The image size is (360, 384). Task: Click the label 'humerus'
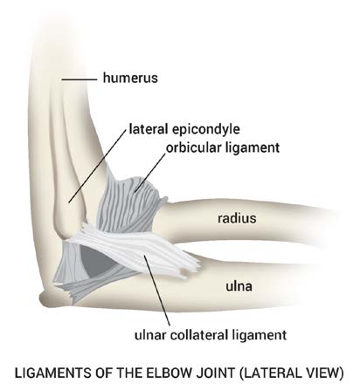pyautogui.click(x=130, y=78)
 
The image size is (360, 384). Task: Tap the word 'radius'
pyautogui.click(x=237, y=218)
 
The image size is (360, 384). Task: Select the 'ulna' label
pyautogui.click(x=239, y=286)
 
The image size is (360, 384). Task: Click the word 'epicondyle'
pyautogui.click(x=205, y=129)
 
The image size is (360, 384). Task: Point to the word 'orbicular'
pyautogui.click(x=194, y=147)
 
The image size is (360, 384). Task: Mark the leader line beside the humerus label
pyautogui.click(x=79, y=79)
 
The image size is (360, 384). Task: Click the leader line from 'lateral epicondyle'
pyautogui.click(x=98, y=165)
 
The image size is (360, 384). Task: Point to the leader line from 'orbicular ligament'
pyautogui.click(x=150, y=173)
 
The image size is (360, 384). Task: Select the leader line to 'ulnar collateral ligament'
pyautogui.click(x=157, y=291)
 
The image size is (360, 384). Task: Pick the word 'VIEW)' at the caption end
pyautogui.click(x=324, y=374)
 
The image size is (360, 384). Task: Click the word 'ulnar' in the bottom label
pyautogui.click(x=150, y=335)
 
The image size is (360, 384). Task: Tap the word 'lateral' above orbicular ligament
pyautogui.click(x=149, y=129)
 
